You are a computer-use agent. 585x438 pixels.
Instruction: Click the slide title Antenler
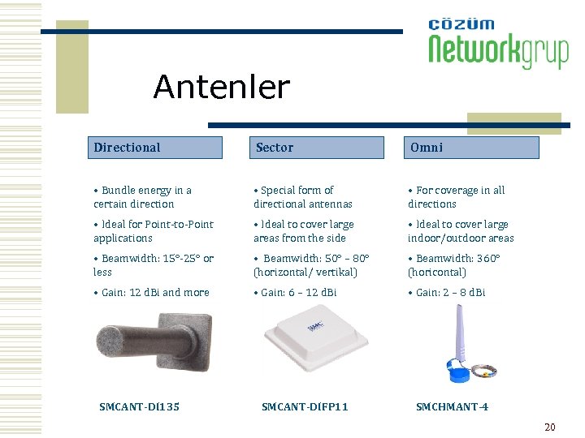tap(221, 87)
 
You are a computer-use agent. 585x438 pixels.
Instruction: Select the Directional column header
tap(154, 148)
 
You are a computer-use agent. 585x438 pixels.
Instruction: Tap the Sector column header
tap(316, 148)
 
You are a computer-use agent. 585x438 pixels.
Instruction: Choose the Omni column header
tap(472, 148)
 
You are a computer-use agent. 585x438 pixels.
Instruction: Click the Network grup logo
tap(497, 45)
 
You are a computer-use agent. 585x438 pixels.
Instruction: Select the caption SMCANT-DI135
tap(139, 406)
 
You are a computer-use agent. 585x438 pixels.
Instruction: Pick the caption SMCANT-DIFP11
tap(305, 406)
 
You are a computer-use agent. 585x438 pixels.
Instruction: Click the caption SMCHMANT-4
tap(452, 406)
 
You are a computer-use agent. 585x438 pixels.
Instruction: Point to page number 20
tap(549, 427)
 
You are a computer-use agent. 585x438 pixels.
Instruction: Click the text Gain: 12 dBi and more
tap(152, 292)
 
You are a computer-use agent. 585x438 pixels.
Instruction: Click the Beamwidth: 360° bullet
tap(454, 265)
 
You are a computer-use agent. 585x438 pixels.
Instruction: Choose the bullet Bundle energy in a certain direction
tap(143, 197)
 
